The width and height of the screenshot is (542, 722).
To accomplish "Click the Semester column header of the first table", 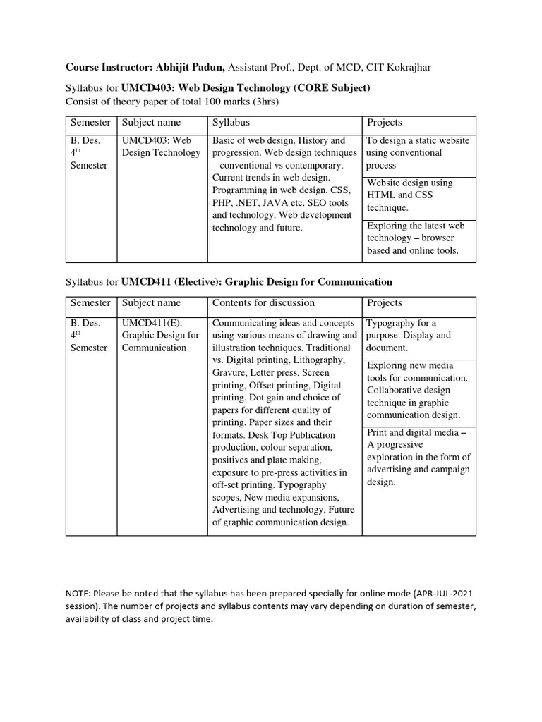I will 90,123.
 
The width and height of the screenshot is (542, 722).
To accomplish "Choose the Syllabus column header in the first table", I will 233,123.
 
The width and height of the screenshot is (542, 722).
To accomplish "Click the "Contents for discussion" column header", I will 263,302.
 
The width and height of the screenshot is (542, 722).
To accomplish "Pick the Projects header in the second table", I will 385,302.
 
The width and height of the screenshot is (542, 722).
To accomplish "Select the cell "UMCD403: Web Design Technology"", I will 161,147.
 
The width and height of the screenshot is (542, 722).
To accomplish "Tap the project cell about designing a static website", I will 418,153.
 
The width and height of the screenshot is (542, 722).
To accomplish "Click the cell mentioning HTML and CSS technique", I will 418,195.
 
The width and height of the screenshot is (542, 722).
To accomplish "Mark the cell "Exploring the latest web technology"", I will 418,238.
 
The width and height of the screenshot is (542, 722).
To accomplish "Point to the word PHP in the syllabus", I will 222,203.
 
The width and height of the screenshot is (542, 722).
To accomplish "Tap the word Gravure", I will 229,372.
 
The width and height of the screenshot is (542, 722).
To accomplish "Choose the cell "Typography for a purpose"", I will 418,336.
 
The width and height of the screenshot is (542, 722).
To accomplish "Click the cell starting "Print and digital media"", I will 418,457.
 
